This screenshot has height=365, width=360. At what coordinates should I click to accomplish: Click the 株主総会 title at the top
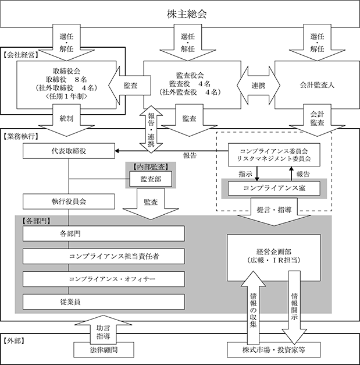(x=187, y=14)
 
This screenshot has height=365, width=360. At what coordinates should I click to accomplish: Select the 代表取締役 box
(x=69, y=151)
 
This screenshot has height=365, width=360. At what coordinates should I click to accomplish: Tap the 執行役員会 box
(x=69, y=201)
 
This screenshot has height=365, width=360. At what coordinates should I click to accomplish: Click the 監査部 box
(x=151, y=179)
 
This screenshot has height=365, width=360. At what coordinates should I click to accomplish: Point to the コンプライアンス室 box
(x=274, y=188)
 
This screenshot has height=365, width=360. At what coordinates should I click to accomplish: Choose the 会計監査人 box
(x=317, y=85)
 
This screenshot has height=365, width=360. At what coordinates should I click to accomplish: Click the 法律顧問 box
(x=104, y=350)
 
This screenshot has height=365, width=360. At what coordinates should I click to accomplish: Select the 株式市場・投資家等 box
(x=274, y=350)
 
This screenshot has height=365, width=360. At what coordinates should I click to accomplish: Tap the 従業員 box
(x=104, y=302)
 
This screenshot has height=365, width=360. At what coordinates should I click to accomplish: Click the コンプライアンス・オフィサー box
(x=104, y=279)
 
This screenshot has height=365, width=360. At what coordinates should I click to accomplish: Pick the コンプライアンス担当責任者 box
(x=104, y=256)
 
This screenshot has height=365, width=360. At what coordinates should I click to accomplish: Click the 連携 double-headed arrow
(x=258, y=86)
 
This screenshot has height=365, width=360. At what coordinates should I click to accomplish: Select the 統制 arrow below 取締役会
(x=66, y=120)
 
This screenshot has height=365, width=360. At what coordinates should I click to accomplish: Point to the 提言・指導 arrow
(x=274, y=211)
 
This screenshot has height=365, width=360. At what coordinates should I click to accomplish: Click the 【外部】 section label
(x=14, y=341)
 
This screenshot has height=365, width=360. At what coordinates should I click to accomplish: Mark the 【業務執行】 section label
(x=21, y=136)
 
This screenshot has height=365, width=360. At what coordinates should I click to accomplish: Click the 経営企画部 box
(x=274, y=258)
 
